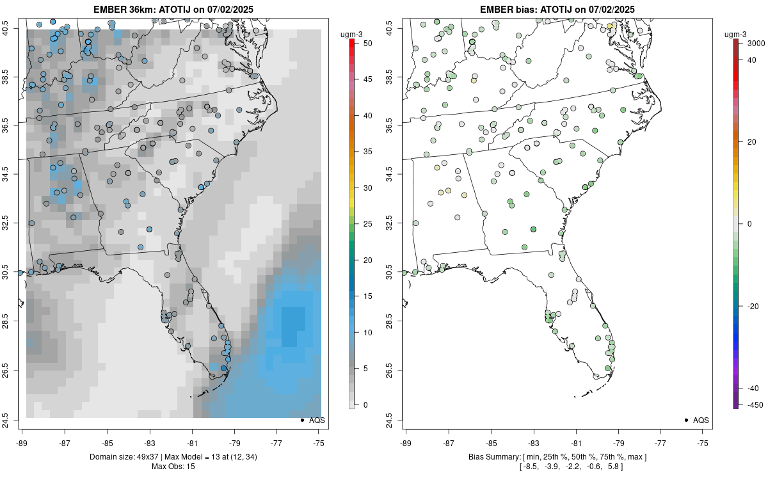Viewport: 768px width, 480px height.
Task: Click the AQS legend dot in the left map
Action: (x=302, y=420)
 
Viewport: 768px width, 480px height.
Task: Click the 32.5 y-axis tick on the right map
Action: (x=397, y=223)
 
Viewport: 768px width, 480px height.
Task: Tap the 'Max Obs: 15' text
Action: (x=173, y=466)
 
